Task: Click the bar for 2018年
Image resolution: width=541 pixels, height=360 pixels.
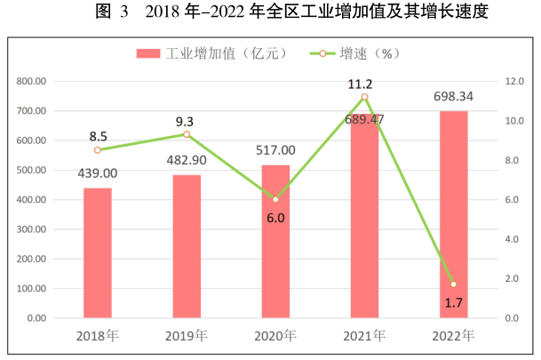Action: pos(98,253)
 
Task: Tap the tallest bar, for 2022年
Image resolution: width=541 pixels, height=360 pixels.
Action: pos(453,214)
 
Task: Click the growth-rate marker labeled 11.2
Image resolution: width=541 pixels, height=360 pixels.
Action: pos(364,97)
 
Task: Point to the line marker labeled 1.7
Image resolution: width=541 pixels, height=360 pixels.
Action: pos(453,284)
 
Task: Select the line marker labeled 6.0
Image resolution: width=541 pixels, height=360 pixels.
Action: pos(275,199)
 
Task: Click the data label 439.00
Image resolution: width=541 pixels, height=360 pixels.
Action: pos(98,173)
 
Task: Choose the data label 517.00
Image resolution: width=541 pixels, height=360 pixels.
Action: pos(275,150)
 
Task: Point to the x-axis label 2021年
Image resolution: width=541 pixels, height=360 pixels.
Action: pos(364,336)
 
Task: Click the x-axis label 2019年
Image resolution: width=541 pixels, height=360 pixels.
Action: pos(187,336)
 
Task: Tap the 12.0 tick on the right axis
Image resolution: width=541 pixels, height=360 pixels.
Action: pos(517,81)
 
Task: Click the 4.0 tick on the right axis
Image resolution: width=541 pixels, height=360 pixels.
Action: pos(517,239)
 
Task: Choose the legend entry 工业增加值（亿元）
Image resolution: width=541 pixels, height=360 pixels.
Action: pos(211,54)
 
